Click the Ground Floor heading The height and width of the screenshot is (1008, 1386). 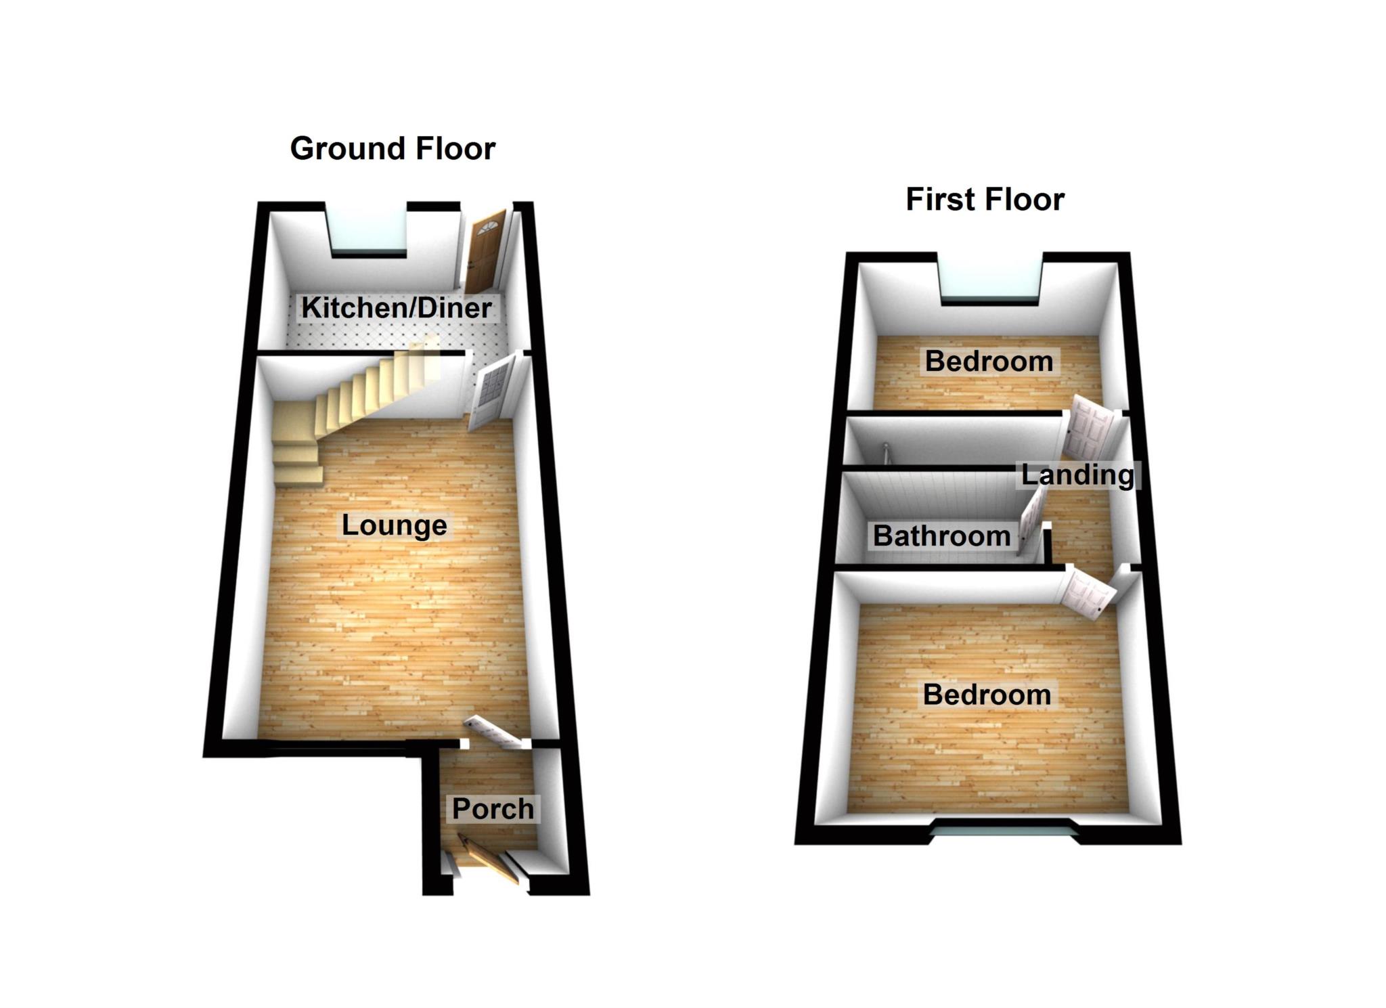coord(393,148)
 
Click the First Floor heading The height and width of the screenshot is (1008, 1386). coord(985,200)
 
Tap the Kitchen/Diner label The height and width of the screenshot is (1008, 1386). coord(396,308)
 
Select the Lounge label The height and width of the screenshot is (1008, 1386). coord(394,525)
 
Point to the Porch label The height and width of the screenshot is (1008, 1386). coord(493,808)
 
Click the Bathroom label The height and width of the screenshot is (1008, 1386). coord(941,536)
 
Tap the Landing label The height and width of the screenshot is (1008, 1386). coord(1077,475)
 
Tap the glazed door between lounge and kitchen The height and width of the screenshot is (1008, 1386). coord(488,391)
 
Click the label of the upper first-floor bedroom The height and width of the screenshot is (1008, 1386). coord(989,361)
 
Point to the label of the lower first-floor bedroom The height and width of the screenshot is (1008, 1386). coord(987,695)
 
